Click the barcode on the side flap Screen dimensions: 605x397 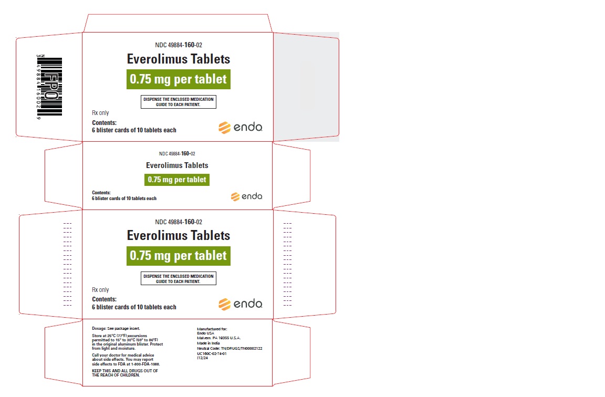tap(49, 87)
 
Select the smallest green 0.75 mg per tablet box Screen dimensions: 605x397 tap(177, 180)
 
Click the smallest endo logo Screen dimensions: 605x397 tap(246, 196)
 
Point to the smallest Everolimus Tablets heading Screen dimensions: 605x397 tap(177, 165)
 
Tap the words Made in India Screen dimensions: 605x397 tap(208, 343)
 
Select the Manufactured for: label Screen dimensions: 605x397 tap(212, 329)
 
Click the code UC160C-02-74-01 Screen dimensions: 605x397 tap(212, 353)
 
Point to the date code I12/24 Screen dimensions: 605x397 tap(203, 358)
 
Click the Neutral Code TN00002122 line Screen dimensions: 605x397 tap(230, 348)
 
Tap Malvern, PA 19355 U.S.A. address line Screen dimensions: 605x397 tap(219, 338)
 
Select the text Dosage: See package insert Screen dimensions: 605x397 tap(116, 328)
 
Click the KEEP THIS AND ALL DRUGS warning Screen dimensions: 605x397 tap(125, 373)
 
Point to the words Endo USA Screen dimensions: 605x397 tap(206, 333)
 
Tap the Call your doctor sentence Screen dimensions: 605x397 tap(126, 360)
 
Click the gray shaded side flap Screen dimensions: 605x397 tap(306, 87)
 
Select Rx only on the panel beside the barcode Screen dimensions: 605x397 tap(100, 113)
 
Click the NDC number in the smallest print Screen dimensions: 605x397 tap(177, 153)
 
